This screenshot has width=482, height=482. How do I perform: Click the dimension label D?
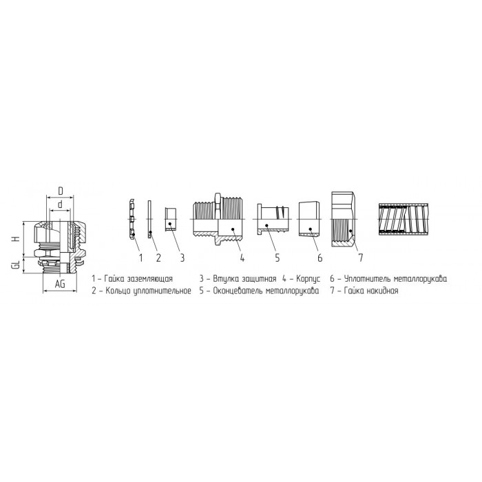(61, 191)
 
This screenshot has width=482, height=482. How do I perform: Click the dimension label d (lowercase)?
(61, 204)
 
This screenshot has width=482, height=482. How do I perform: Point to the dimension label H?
(17, 239)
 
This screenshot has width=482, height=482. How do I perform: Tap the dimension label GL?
(17, 264)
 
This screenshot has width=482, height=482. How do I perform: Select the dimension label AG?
(61, 284)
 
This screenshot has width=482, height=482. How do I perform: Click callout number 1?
(140, 258)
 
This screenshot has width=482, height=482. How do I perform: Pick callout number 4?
(242, 258)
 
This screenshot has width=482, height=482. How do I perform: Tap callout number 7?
(361, 258)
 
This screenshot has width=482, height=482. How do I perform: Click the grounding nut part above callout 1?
(132, 218)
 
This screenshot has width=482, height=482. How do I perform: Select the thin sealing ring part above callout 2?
(149, 219)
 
